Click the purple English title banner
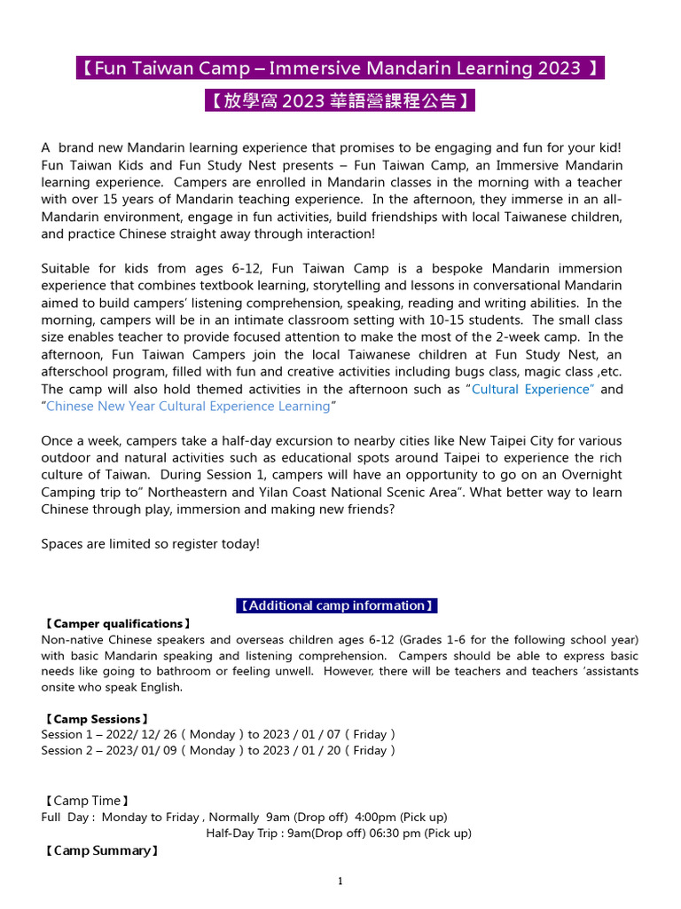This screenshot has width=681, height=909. coord(340,68)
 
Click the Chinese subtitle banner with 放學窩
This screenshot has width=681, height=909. coord(340,100)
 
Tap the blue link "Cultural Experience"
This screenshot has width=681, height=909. coord(532,389)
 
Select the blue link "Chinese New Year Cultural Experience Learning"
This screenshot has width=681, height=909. coord(188,406)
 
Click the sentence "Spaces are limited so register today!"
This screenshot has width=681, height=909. coord(150,543)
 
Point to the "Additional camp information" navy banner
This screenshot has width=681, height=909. coord(337,605)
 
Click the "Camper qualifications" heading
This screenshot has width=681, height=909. coord(116,624)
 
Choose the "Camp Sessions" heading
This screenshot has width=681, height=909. coord(96,718)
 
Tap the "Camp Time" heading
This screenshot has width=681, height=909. coord(87,801)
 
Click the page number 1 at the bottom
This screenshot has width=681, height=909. coord(340,881)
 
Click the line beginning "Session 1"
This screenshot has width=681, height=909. coord(218,734)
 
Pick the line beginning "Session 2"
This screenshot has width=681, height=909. coord(218,750)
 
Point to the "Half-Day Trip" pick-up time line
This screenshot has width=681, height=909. coord(339,833)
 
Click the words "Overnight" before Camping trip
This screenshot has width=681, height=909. coord(591,475)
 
